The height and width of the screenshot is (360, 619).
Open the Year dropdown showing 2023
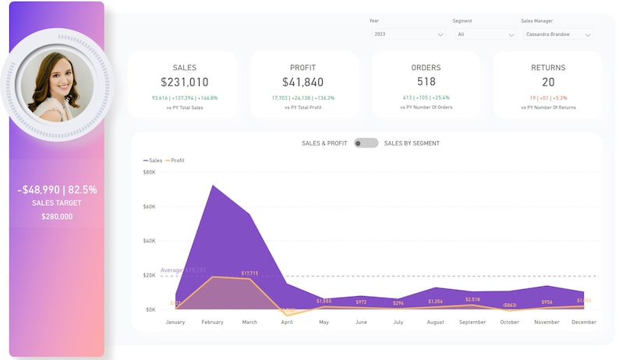pos(409,34)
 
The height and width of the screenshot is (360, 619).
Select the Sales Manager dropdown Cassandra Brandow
pos(557,34)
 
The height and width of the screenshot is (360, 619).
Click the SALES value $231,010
pos(184,82)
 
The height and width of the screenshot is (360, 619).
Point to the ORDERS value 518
pos(426,82)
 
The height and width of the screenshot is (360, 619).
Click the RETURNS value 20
pos(548,82)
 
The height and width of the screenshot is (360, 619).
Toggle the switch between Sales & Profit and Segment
pos(366,143)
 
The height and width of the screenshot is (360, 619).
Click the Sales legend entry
pos(153,161)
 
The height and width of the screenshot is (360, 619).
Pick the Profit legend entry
pos(176,161)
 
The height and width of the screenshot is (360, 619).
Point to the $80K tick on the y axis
pos(150,172)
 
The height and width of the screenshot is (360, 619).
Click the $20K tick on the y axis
pos(150,275)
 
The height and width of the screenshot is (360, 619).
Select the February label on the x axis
pos(212,322)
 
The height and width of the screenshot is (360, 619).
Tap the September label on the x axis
pos(472,322)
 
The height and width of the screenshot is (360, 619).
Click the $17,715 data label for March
pos(250,274)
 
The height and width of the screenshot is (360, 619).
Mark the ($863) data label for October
pos(510,305)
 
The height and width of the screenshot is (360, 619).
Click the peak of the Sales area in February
pos(212,186)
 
